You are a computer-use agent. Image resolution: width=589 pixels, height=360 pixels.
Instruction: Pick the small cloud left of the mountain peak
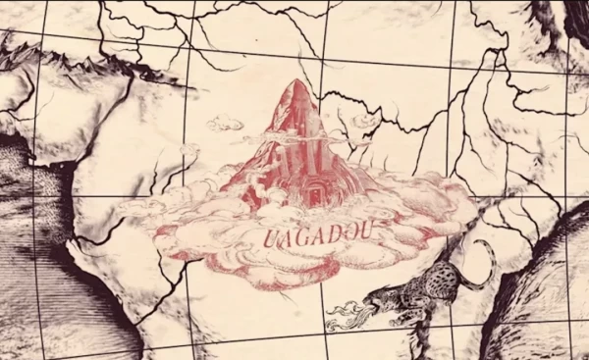click(225, 123)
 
